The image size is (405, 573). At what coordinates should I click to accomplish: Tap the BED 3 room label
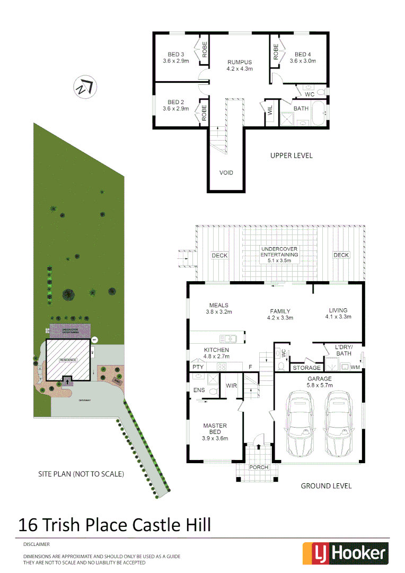176,55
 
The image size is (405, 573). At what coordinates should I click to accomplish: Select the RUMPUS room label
240,62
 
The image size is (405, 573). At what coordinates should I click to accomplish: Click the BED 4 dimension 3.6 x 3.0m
303,61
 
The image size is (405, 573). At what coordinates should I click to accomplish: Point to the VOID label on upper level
226,173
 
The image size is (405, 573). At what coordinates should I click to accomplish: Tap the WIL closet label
270,111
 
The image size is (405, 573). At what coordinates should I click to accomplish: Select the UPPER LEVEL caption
291,155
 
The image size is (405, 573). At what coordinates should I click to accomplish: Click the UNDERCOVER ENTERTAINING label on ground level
280,251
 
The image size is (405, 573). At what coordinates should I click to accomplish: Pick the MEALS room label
219,305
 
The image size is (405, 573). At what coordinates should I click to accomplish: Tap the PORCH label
259,467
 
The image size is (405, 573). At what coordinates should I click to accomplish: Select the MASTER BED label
215,429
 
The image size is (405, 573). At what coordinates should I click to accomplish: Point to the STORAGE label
306,368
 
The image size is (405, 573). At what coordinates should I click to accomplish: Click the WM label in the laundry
355,367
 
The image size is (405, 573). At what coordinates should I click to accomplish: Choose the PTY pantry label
198,367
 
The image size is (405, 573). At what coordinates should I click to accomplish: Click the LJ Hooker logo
345,553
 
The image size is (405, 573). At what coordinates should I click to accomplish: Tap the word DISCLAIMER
36,544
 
